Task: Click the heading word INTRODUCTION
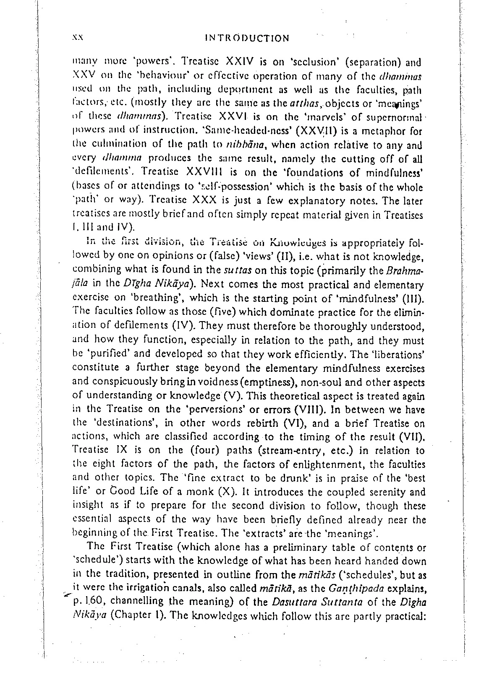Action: [247, 38]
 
